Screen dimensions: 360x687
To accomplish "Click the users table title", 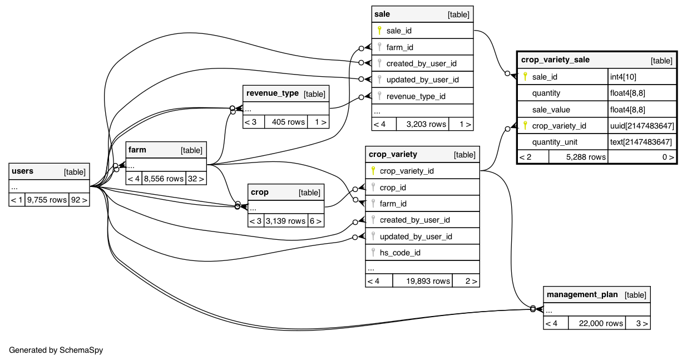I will coord(23,171).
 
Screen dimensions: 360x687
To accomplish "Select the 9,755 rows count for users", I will coord(47,200).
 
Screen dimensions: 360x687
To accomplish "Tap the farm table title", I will coord(137,150).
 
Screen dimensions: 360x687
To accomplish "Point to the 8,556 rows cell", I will coord(164,179).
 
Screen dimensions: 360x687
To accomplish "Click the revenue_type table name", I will coord(273,93).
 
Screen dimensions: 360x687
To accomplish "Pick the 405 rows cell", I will coord(286,122).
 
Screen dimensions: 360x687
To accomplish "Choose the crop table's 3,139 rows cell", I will coord(285,220).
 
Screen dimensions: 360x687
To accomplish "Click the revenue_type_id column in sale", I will coord(416,96).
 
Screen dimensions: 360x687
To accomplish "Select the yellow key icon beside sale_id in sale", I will coord(379,31).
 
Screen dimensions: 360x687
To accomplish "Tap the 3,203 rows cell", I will coord(426,124).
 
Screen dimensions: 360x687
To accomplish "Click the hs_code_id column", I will coord(399,253).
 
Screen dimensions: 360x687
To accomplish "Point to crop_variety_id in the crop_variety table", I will coord(407,171).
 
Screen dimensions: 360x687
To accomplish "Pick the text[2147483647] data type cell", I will coord(642,142).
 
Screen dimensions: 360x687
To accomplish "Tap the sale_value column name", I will coord(551,110).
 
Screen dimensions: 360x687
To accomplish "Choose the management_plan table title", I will coord(582,294).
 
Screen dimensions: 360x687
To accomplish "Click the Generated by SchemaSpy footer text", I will coord(56,350).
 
